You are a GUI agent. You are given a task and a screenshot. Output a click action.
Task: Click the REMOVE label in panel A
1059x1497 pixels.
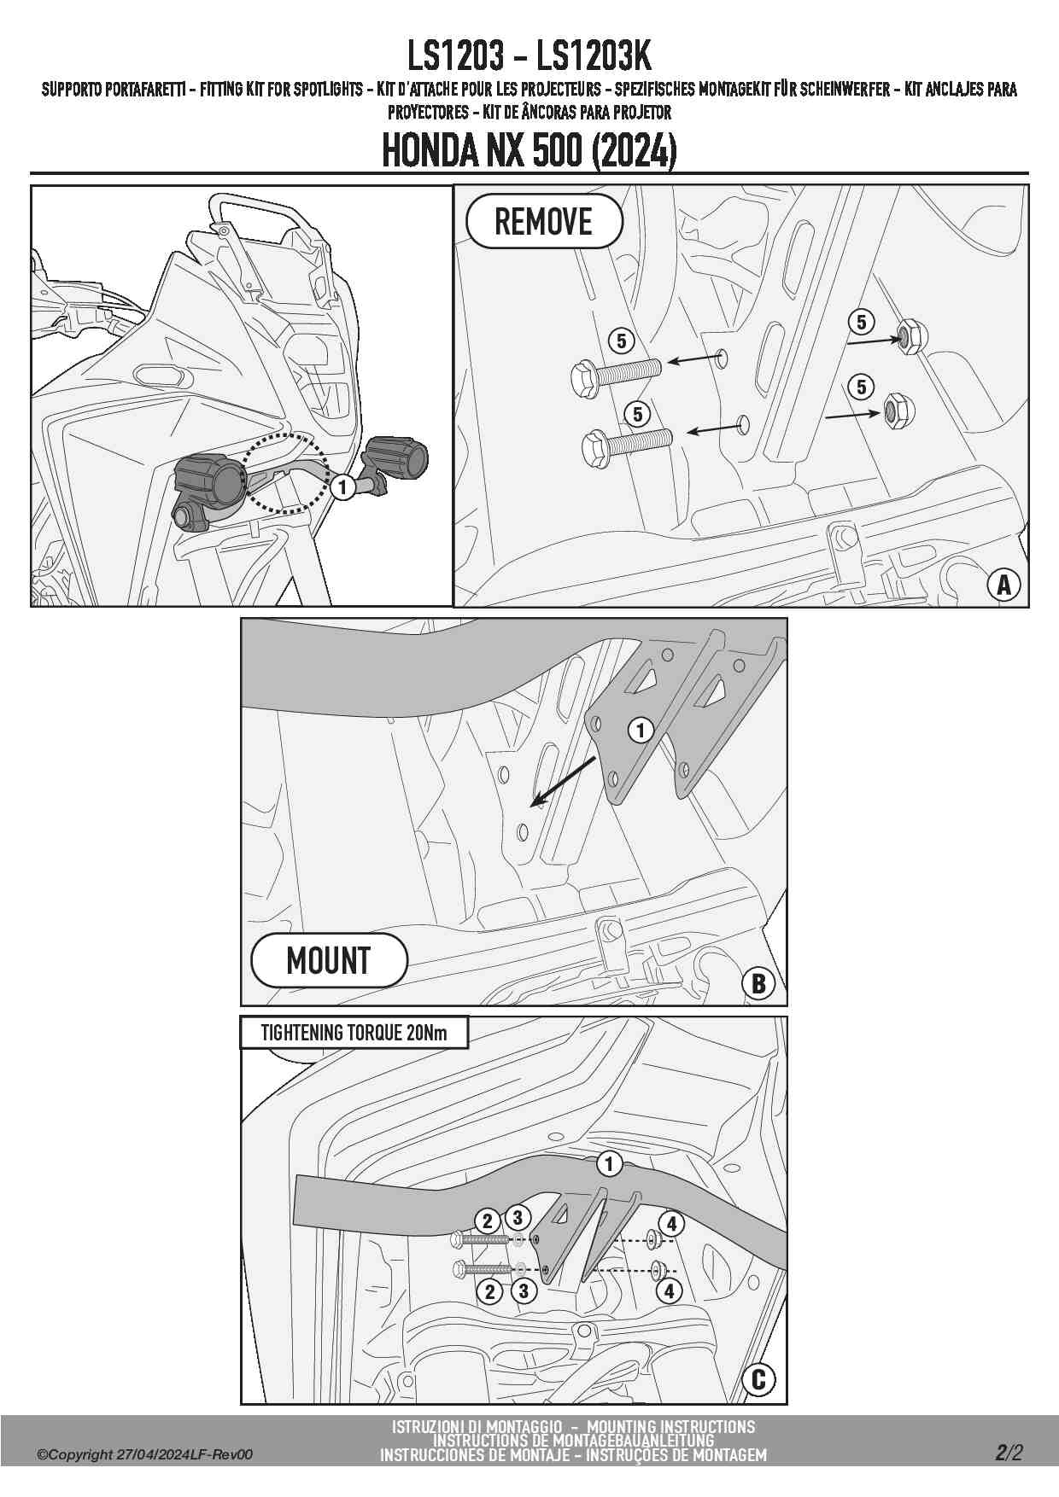(x=544, y=222)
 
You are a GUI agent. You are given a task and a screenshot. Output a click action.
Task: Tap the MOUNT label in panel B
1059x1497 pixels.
(x=329, y=961)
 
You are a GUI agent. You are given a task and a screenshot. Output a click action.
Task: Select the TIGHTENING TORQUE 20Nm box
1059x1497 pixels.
(x=354, y=1033)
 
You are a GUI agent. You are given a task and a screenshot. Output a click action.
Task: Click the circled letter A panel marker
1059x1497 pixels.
(x=1004, y=585)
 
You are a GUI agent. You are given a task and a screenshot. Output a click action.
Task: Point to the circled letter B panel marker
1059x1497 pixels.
(x=758, y=983)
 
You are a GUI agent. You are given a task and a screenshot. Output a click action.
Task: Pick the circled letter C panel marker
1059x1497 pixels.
(x=758, y=1380)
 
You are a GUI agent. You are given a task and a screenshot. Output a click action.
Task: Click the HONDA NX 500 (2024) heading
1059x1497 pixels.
(x=529, y=151)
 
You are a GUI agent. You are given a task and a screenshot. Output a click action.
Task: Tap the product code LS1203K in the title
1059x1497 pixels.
(x=594, y=56)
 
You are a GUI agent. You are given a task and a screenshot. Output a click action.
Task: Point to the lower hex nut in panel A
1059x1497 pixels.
(x=898, y=411)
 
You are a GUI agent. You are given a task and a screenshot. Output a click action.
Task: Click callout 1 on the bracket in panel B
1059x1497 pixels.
(x=641, y=730)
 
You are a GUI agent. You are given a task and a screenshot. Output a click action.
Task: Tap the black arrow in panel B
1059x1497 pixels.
(x=563, y=781)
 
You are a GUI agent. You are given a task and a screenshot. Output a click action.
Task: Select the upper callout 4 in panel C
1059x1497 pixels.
(x=671, y=1224)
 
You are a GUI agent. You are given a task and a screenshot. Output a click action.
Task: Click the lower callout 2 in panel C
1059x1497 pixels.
(x=490, y=1291)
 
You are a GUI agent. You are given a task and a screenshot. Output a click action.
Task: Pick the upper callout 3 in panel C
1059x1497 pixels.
(x=517, y=1217)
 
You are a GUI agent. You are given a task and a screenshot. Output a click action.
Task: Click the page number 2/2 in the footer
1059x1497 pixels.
(x=1009, y=1452)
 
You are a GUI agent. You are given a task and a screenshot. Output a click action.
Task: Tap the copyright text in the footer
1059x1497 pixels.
(x=144, y=1454)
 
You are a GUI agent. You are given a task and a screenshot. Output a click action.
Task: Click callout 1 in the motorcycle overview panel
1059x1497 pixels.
(x=342, y=487)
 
